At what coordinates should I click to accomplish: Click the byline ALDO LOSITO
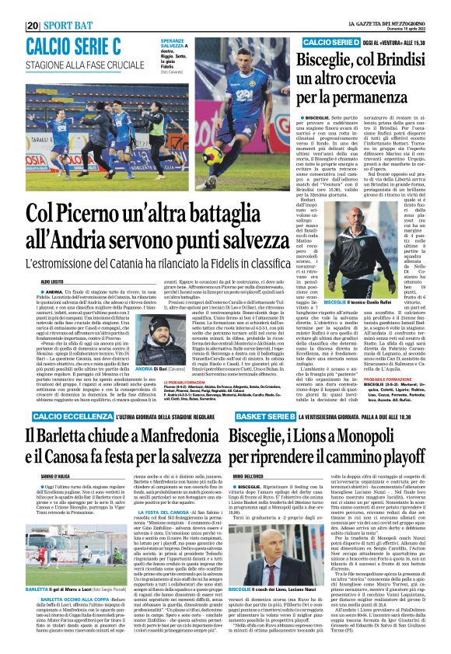[x=40, y=282]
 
